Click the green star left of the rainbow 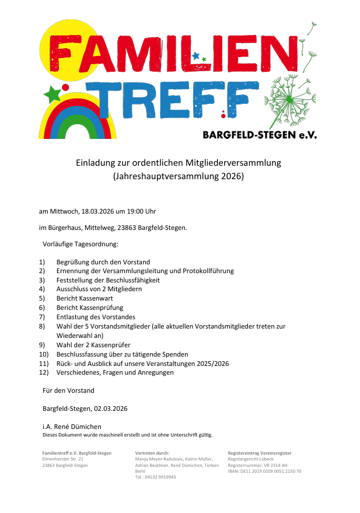(x=51, y=93)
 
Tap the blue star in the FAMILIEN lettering (x=195, y=56)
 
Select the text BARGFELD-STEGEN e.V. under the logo (x=260, y=135)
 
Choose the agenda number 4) (x=42, y=289)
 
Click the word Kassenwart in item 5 (x=93, y=298)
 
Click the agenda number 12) (x=43, y=372)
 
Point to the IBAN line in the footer (x=264, y=471)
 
